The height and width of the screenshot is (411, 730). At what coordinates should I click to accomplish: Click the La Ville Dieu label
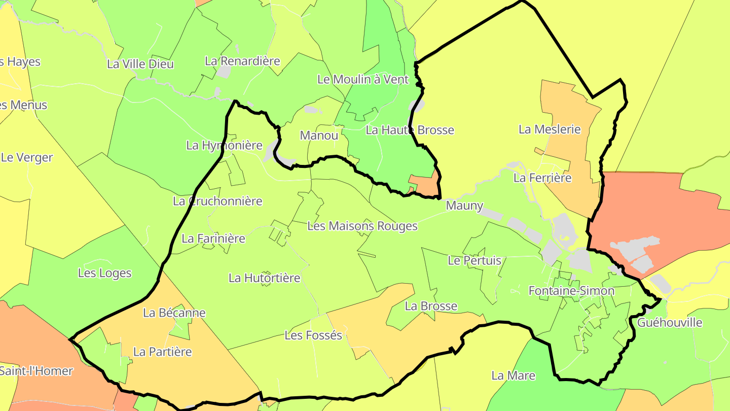pyautogui.click(x=140, y=64)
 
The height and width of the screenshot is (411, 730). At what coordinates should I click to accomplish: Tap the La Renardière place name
pyautogui.click(x=242, y=61)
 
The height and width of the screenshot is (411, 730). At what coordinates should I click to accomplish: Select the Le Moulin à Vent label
pyautogui.click(x=362, y=79)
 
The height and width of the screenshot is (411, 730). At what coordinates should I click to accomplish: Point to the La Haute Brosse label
pyautogui.click(x=410, y=130)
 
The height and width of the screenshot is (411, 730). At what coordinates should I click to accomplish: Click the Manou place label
pyautogui.click(x=319, y=135)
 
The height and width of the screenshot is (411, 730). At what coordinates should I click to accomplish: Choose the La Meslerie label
pyautogui.click(x=550, y=129)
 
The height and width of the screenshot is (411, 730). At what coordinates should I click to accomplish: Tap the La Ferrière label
pyautogui.click(x=542, y=178)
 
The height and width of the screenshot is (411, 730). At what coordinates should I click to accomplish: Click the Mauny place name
pyautogui.click(x=464, y=205)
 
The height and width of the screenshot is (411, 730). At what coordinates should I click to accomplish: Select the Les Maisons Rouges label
pyautogui.click(x=362, y=226)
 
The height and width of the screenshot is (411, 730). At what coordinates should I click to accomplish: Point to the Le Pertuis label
pyautogui.click(x=474, y=261)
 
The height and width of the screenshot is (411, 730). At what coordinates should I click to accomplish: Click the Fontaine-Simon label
pyautogui.click(x=571, y=291)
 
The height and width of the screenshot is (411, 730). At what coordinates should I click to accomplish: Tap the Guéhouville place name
pyautogui.click(x=670, y=323)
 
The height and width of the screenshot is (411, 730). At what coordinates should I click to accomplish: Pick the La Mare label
pyautogui.click(x=514, y=375)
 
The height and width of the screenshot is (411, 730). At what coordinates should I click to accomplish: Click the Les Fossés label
pyautogui.click(x=313, y=335)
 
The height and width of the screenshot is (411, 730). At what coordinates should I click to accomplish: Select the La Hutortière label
pyautogui.click(x=265, y=278)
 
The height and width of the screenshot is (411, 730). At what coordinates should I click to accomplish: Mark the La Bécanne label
pyautogui.click(x=174, y=313)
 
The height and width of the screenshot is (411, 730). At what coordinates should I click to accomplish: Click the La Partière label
pyautogui.click(x=163, y=352)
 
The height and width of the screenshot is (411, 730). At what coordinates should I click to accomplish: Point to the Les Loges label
pyautogui.click(x=104, y=273)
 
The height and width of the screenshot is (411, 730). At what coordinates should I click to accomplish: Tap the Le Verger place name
pyautogui.click(x=27, y=157)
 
